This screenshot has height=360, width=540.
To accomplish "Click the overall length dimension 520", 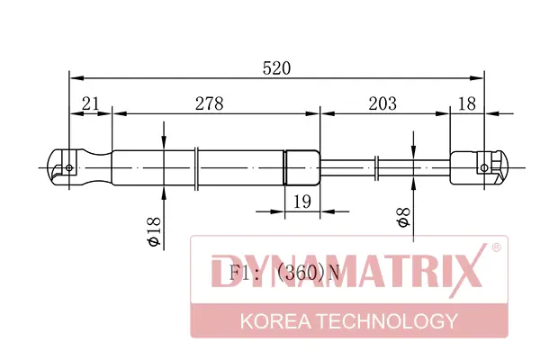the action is tap(276, 68).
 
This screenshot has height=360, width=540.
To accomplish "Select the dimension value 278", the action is tap(210, 103).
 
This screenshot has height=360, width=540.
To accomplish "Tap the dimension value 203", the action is tap(382, 103).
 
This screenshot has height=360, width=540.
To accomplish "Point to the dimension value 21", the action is tap(91, 103).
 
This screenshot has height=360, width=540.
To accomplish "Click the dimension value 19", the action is tap(302, 202).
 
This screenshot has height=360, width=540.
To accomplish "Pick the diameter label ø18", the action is tap(154, 231).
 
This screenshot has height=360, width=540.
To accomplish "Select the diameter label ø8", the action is tap(403, 218).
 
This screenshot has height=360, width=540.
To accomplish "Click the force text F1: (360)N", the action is tap(284, 273).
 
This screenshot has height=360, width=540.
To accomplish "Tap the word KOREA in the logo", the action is tap(275, 321).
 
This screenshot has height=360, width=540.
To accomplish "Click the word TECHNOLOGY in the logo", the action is tap(387, 321).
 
